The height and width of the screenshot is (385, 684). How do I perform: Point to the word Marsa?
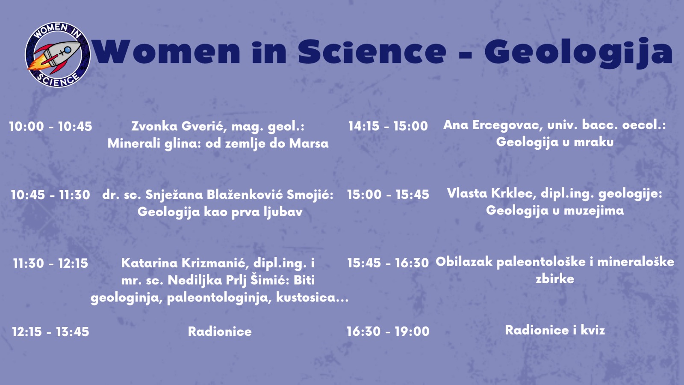pyautogui.click(x=309, y=143)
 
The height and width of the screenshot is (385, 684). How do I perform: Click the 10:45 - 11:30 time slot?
pyautogui.click(x=50, y=195)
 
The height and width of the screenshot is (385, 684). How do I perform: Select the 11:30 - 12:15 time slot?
pyautogui.click(x=50, y=264)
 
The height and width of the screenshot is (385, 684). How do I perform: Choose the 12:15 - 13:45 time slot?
pyautogui.click(x=50, y=332)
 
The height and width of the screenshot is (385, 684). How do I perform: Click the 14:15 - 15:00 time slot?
pyautogui.click(x=388, y=126)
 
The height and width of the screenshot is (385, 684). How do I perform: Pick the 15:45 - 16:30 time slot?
pyautogui.click(x=388, y=263)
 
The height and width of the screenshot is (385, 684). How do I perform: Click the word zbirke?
pyautogui.click(x=555, y=279)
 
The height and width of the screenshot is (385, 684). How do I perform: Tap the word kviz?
pyautogui.click(x=593, y=330)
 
